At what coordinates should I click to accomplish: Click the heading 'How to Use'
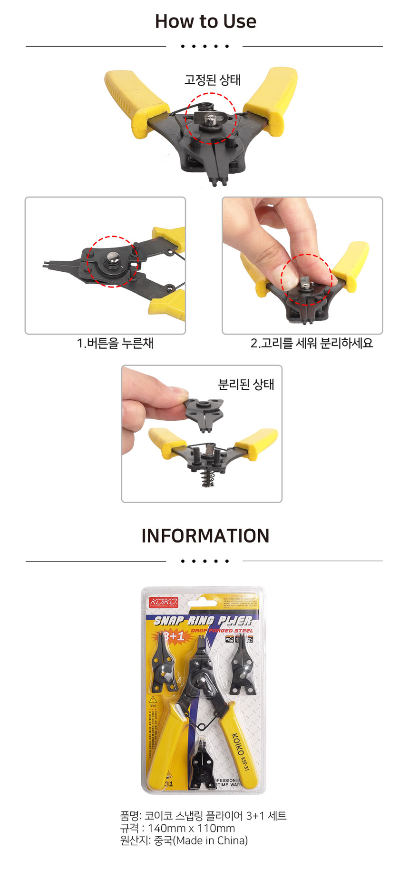point(205,21)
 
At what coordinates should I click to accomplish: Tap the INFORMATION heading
point(205,536)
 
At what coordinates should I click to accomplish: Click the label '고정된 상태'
point(213,80)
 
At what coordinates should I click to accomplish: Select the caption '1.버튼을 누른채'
point(115,343)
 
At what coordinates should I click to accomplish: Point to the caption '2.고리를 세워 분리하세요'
point(312,343)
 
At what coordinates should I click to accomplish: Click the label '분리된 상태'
point(246,385)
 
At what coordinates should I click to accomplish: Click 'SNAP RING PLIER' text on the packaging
point(203,621)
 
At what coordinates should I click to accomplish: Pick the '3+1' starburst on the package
point(174,636)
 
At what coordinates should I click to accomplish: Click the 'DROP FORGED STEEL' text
point(222,631)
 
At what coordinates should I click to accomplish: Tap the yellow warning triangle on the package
point(153,700)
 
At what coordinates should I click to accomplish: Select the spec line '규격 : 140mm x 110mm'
point(177,828)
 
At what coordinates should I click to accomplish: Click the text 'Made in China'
point(212,840)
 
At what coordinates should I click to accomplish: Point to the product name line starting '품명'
point(203,816)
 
